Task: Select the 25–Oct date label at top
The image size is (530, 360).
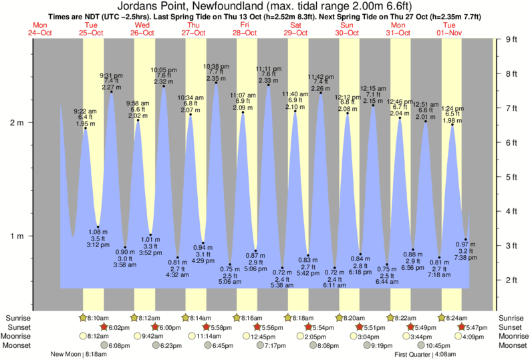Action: click(x=90, y=33)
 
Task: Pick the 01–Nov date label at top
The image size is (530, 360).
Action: click(x=450, y=33)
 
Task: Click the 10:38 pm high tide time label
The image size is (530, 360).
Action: click(x=215, y=66)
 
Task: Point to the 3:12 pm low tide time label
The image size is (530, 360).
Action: click(x=98, y=244)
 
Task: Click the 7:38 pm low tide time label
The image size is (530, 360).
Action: click(x=466, y=257)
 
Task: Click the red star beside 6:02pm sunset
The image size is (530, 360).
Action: click(x=104, y=327)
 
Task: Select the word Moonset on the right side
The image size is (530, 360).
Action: click(x=511, y=346)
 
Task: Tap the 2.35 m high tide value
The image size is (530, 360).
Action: click(x=215, y=79)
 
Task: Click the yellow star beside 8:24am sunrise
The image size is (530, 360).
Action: click(x=441, y=318)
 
